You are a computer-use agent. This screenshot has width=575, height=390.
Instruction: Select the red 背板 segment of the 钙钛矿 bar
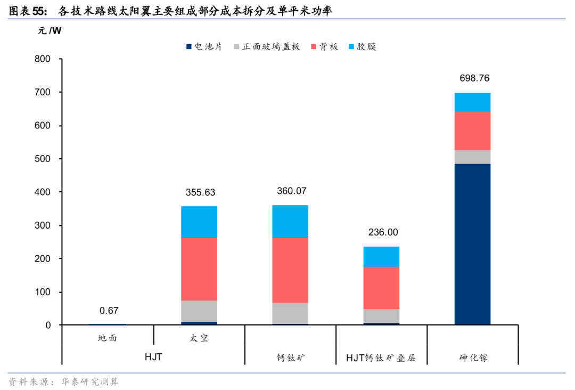coord(290,270)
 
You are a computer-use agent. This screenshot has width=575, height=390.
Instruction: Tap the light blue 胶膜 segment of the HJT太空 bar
coord(199,222)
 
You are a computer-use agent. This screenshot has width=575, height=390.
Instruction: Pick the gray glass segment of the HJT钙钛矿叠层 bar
coord(381,316)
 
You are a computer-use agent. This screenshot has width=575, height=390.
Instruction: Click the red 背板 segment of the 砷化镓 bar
coord(472,131)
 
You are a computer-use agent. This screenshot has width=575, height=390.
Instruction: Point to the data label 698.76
coord(474,78)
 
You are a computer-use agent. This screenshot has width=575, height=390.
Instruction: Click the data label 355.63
coord(200,192)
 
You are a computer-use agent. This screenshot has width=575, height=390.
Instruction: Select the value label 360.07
coord(292,191)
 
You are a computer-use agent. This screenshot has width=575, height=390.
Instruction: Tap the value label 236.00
coord(383,232)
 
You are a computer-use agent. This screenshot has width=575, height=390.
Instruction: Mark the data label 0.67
coord(109,311)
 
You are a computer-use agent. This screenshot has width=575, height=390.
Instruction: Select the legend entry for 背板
coord(325,46)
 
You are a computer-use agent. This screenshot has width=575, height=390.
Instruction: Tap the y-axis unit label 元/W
coord(49,30)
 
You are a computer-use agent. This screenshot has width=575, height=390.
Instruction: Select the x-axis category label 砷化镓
coord(473,357)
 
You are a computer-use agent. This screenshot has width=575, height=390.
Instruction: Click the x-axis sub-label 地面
coord(107,338)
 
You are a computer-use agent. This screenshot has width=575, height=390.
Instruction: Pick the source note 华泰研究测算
coord(90,381)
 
